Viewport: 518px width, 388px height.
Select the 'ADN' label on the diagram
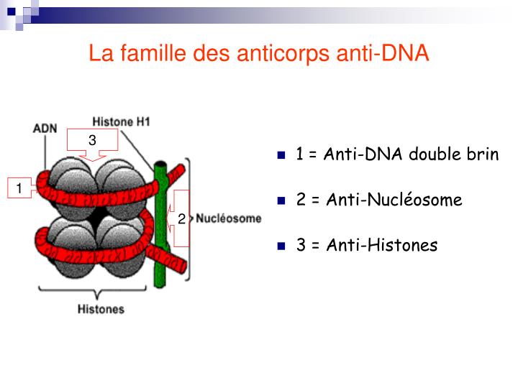45,129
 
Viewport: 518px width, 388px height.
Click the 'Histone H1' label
121,121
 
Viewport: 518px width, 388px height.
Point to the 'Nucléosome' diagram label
229,218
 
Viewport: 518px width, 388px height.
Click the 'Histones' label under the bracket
101,310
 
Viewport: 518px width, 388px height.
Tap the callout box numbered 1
19,188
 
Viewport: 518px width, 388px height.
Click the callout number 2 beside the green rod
181,218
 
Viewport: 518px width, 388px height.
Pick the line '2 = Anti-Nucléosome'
379,200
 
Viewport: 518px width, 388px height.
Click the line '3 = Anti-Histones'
367,245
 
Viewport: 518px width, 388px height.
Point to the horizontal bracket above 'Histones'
101,292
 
